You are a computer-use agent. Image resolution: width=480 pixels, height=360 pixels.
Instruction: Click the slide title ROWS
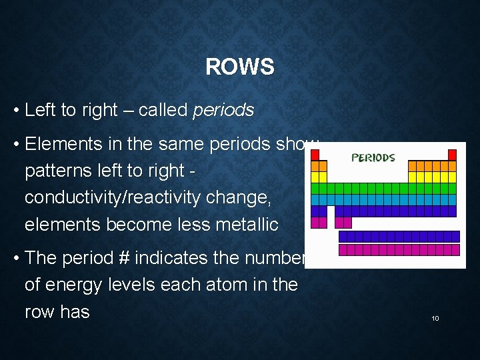pos(239,67)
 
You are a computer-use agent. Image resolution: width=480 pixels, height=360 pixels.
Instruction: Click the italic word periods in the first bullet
pos(223,110)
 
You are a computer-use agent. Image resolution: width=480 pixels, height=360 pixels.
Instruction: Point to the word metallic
pos(247,225)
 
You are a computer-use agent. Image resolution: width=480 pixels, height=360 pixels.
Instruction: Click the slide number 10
pos(435,319)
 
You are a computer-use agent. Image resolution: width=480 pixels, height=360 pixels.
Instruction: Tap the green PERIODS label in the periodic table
pos(373,158)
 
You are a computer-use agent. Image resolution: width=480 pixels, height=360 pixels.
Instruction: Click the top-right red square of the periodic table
pos(452,155)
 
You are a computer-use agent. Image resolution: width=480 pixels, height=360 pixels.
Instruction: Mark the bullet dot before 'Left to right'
pos(15,111)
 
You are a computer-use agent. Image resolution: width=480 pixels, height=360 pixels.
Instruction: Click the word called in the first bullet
pos(163,110)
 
